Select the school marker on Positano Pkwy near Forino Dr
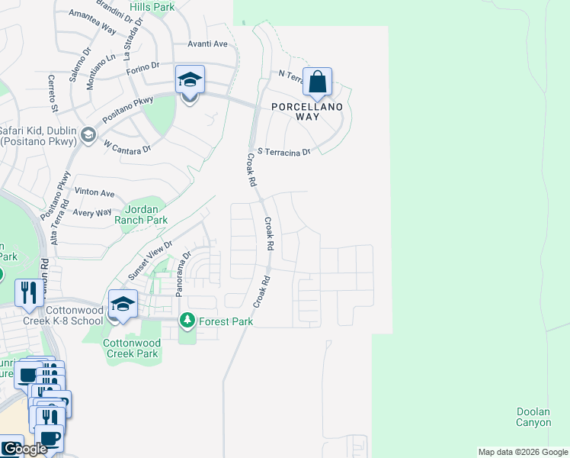coord(190,80)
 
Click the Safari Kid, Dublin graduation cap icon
coord(88,135)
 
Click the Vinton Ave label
coord(94,193)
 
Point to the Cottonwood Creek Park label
coord(131,348)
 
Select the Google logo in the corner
coord(24,450)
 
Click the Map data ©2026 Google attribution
coord(523,452)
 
